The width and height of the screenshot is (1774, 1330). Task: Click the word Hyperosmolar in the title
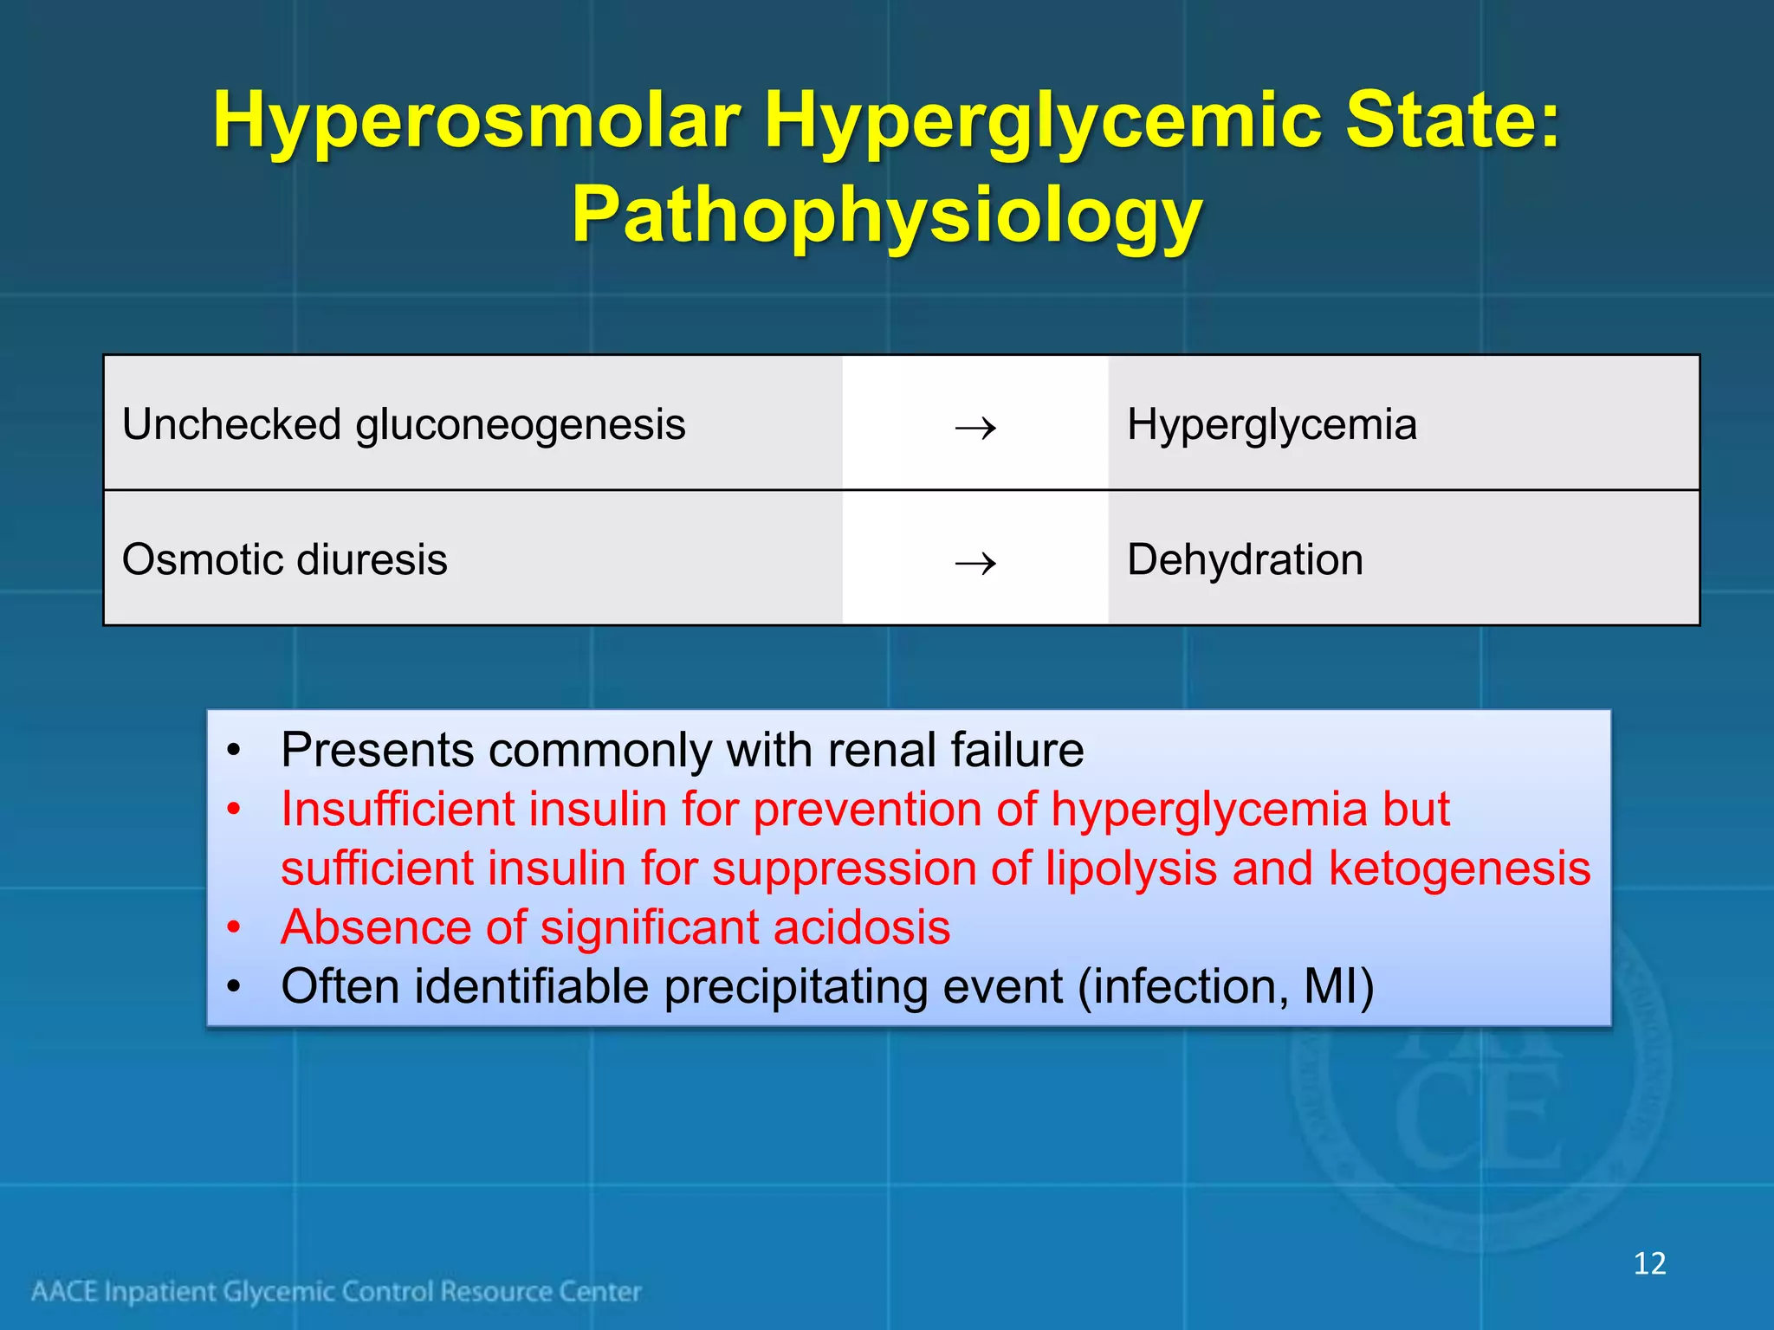(x=477, y=121)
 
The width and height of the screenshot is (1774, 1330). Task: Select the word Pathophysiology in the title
(x=886, y=216)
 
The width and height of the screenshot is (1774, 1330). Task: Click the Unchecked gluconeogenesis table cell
(x=404, y=425)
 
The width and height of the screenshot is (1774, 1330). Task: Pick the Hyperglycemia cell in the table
(x=1272, y=425)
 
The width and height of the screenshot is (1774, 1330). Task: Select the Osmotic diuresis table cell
(x=285, y=559)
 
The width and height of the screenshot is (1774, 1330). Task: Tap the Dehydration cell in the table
(x=1245, y=559)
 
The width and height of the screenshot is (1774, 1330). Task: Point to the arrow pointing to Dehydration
(x=975, y=564)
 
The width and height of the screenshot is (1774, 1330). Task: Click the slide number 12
(x=1649, y=1263)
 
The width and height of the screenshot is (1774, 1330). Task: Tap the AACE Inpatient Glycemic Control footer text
(x=337, y=1292)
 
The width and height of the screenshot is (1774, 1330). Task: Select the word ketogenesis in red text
(x=1460, y=868)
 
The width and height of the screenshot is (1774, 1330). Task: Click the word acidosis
(x=862, y=927)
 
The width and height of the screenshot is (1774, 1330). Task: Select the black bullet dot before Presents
(x=233, y=751)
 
